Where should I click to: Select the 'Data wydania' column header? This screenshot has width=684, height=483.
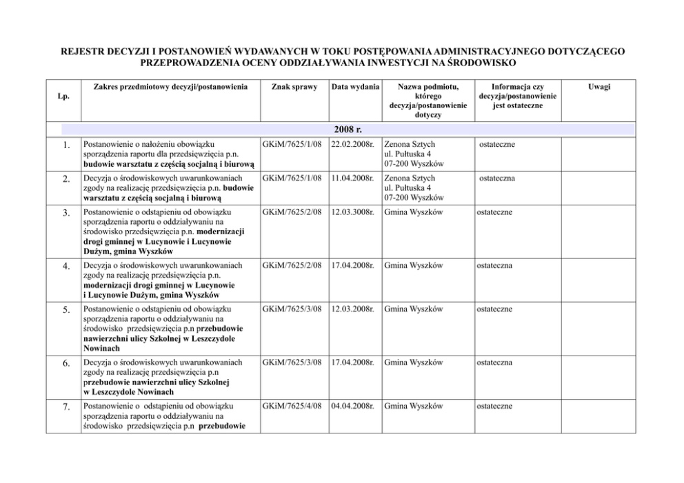(x=355, y=88)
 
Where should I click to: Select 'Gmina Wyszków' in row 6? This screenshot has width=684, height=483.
(x=413, y=362)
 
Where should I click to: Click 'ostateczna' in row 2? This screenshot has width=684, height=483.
(x=498, y=178)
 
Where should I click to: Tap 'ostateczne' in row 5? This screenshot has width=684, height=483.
(x=494, y=309)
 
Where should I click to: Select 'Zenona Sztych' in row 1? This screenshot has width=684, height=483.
(x=410, y=145)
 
